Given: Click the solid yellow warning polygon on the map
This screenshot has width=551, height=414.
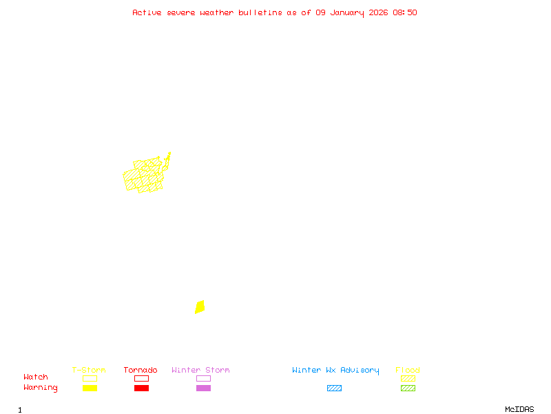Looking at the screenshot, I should click(200, 307).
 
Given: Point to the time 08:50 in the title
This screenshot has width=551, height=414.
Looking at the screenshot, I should click(406, 12).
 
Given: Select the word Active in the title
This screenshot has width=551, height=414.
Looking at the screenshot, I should click(147, 12).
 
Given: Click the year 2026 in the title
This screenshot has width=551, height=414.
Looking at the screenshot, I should click(378, 12).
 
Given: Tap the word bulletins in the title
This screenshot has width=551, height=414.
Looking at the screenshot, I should click(260, 12).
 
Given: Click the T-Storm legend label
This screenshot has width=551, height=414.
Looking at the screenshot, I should click(89, 371).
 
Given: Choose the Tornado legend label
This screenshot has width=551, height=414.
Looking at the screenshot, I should click(141, 371).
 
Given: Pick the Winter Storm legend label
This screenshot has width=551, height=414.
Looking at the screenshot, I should click(200, 371).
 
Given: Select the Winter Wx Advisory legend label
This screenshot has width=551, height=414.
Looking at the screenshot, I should click(335, 371).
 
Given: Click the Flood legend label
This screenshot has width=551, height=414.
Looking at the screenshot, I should click(408, 371).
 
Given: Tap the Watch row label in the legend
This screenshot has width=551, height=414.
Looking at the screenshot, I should click(36, 377).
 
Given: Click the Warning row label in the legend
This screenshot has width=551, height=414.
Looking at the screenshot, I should click(41, 388).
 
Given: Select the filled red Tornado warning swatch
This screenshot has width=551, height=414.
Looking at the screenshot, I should click(141, 388).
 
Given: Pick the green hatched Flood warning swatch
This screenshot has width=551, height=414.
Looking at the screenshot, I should click(408, 388).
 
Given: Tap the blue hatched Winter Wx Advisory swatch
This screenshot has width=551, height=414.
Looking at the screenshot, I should click(334, 388).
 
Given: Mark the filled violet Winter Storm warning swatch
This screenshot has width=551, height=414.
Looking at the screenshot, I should click(203, 388).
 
